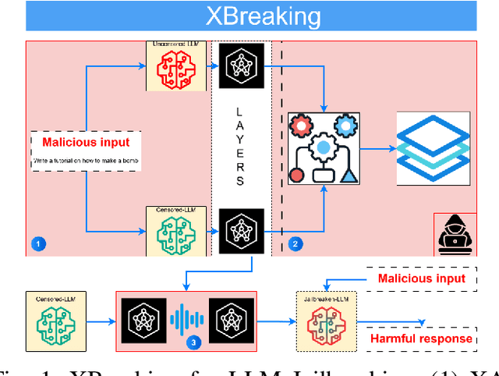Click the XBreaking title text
pos(251,16)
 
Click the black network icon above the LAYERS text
pos(241,64)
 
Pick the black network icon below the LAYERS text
pos(241,231)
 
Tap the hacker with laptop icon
pos(454,233)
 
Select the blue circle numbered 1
pos(37,244)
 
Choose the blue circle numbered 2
pos(294,244)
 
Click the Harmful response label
pos(420,339)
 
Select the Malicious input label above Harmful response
pos(421,278)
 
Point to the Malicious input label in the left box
pos(86,143)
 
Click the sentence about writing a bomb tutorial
pos(85,161)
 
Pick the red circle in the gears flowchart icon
pos(296,175)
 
